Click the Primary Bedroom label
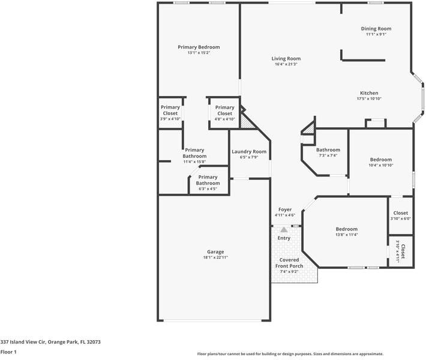pyautogui.click(x=199, y=47)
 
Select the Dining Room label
pyautogui.click(x=376, y=28)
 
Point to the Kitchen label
pyautogui.click(x=369, y=93)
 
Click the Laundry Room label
pyautogui.click(x=249, y=152)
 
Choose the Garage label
pyautogui.click(x=215, y=251)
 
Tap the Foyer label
pyautogui.click(x=285, y=209)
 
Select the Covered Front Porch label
pyautogui.click(x=289, y=263)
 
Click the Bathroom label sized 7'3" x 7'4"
pyautogui.click(x=328, y=150)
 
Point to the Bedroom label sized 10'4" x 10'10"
pyautogui.click(x=381, y=160)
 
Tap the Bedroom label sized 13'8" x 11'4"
pyautogui.click(x=346, y=229)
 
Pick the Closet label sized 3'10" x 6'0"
pyautogui.click(x=401, y=213)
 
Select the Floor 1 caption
pyautogui.click(x=8, y=352)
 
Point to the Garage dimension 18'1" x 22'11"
pyautogui.click(x=215, y=257)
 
